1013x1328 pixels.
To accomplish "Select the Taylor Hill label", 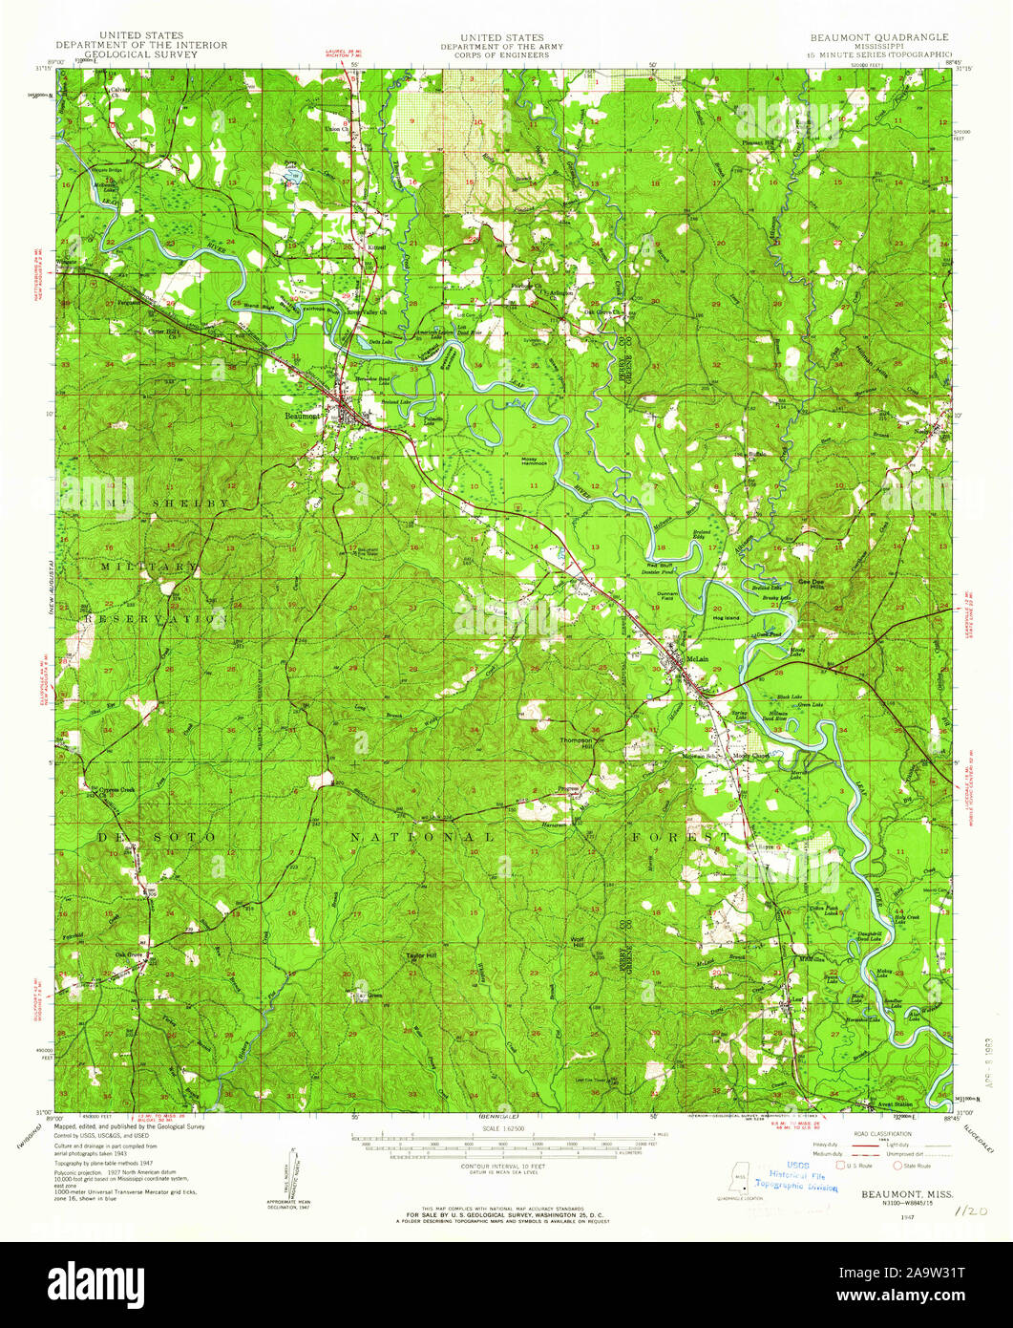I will tap(416, 954).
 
